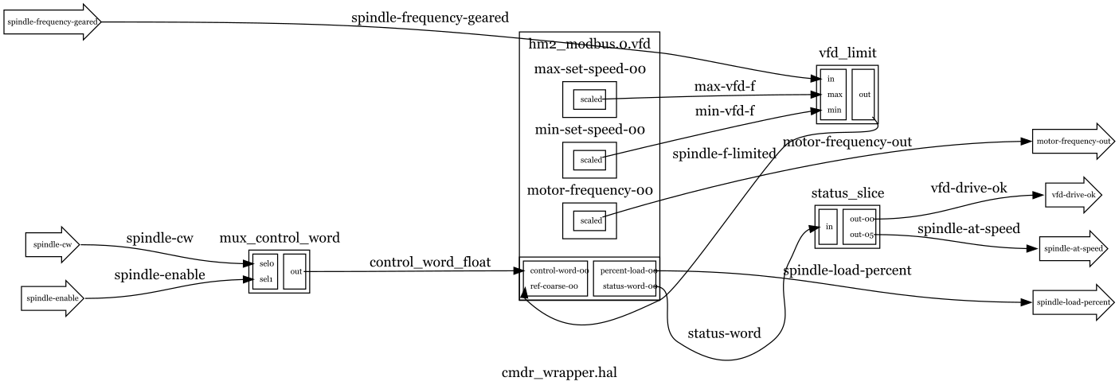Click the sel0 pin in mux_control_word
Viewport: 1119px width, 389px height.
click(x=267, y=263)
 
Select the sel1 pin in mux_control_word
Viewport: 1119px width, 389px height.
click(x=267, y=280)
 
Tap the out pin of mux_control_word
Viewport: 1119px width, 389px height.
click(x=295, y=271)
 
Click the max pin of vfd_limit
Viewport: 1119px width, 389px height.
click(x=834, y=95)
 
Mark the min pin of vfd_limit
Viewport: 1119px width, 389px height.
click(x=834, y=110)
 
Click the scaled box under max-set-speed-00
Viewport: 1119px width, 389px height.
click(x=590, y=99)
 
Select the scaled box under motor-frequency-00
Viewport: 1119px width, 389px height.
click(x=590, y=220)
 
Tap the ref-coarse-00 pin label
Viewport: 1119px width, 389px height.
click(x=554, y=286)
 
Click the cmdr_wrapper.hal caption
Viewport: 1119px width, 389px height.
click(x=558, y=371)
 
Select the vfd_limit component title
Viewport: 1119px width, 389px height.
click(x=847, y=53)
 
